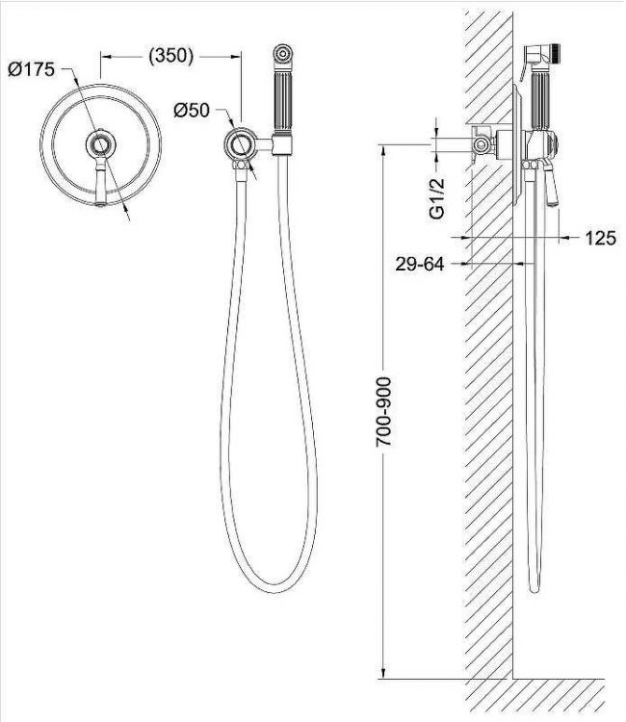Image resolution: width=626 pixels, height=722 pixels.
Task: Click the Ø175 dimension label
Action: click(32, 69)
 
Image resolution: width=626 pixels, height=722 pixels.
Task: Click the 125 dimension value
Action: click(599, 238)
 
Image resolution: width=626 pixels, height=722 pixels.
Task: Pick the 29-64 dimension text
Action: click(419, 263)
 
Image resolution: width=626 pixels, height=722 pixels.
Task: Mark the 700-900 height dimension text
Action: click(383, 408)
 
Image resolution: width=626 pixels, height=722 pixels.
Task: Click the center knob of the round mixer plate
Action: click(99, 145)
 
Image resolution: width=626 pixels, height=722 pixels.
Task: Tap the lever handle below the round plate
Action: click(100, 185)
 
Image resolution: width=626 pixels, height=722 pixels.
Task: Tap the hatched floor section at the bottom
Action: click(539, 695)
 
